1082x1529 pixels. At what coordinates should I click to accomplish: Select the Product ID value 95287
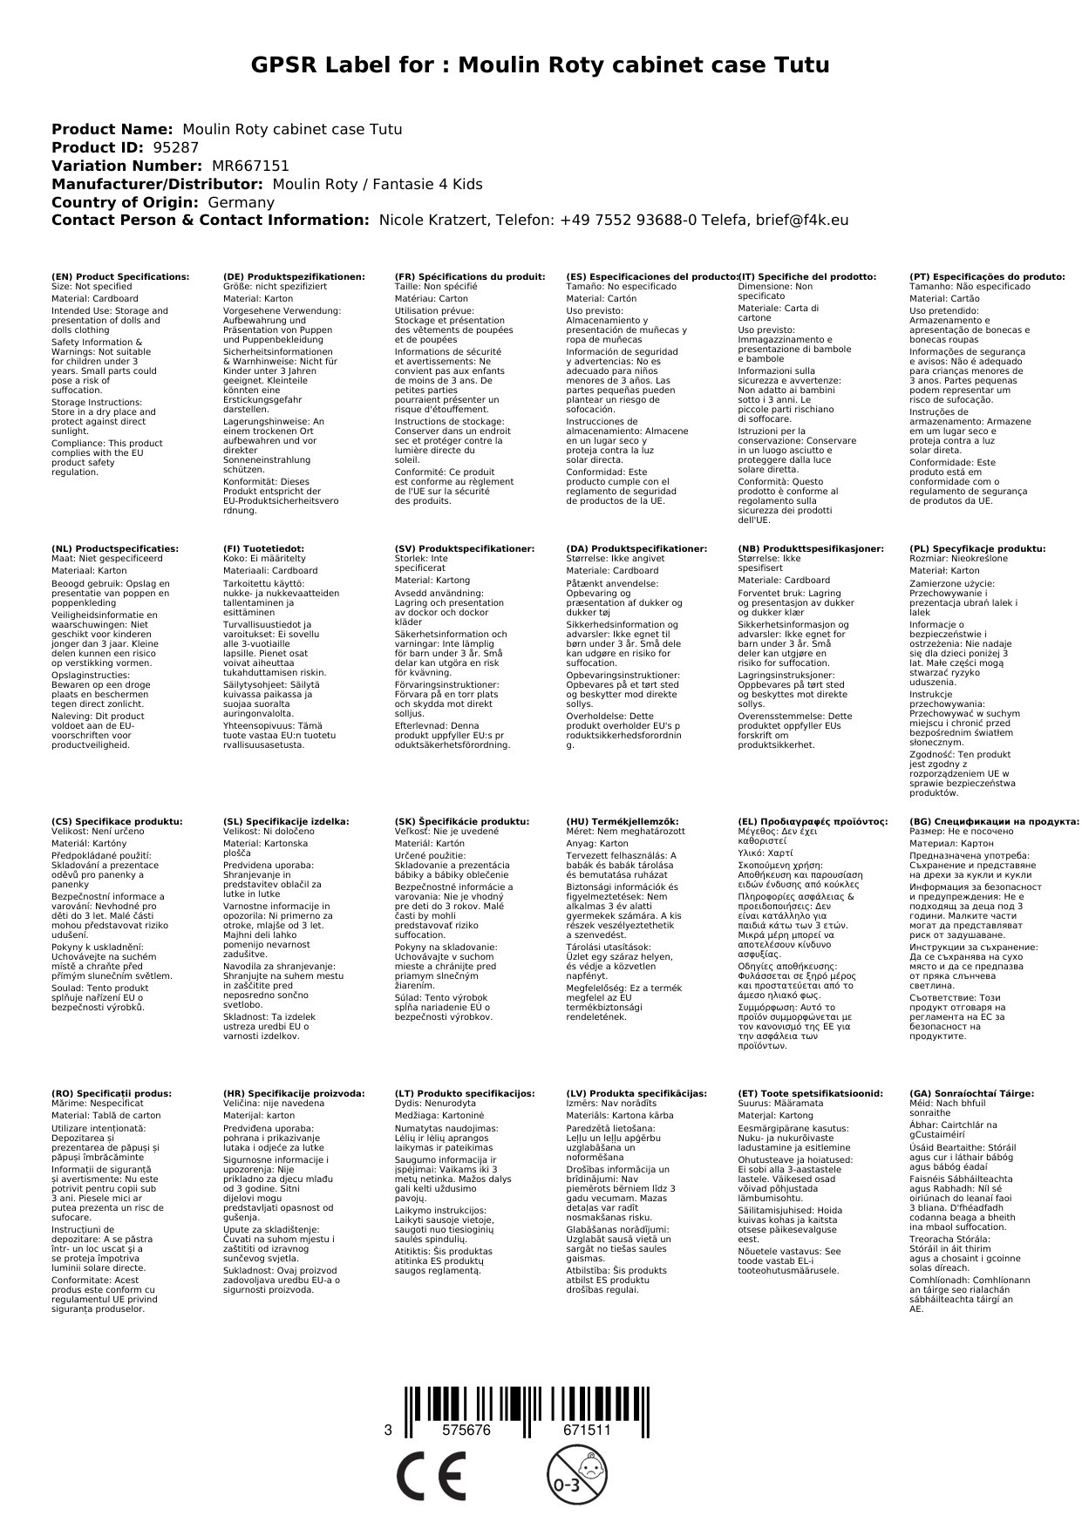click(x=175, y=147)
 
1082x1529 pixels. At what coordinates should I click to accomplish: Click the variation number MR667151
click(x=250, y=166)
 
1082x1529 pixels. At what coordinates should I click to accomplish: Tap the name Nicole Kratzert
click(x=432, y=221)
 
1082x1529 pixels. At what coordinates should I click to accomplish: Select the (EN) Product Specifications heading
click(x=120, y=276)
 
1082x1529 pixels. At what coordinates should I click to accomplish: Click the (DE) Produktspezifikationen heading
click(x=294, y=276)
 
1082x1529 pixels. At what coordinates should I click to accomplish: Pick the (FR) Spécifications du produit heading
click(x=470, y=276)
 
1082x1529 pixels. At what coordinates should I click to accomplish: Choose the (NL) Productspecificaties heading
click(x=114, y=548)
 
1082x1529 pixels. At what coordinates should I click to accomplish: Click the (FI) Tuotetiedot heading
click(x=263, y=548)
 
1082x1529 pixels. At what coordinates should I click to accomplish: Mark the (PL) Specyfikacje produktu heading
click(x=977, y=548)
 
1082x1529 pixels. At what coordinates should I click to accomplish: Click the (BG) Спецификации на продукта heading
click(x=994, y=821)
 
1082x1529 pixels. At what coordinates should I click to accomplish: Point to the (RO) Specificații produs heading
click(x=112, y=1093)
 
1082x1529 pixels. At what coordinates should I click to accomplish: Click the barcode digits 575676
click(x=466, y=1430)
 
